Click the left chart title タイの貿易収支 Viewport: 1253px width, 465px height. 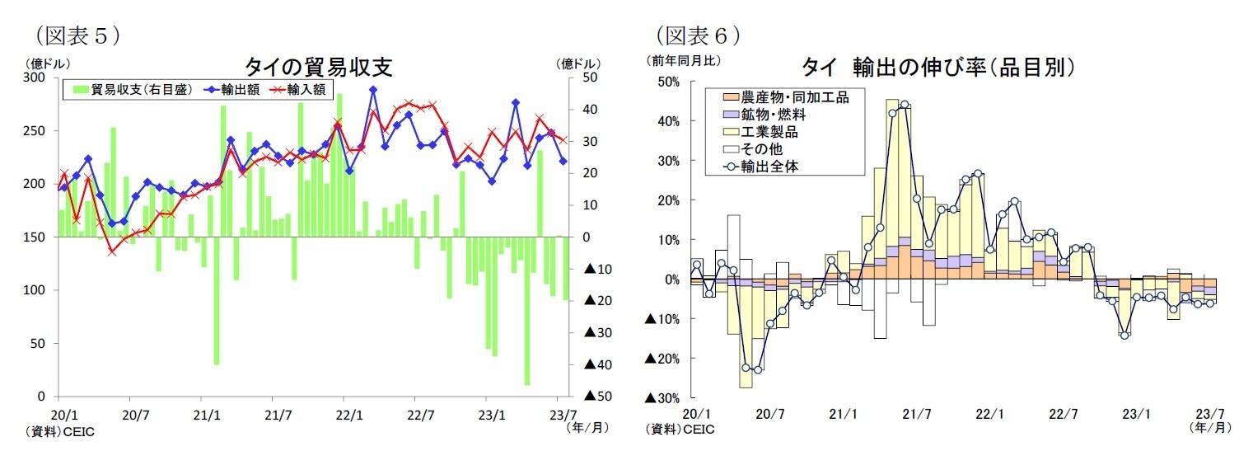316,66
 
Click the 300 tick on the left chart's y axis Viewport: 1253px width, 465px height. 35,77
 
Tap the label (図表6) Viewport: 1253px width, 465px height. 697,35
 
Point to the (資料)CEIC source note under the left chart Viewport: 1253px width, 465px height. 60,431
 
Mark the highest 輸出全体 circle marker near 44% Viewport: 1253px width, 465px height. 905,105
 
